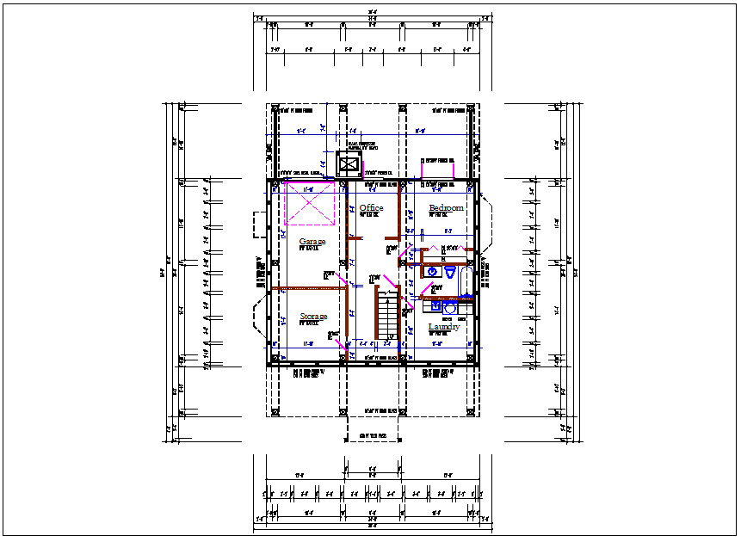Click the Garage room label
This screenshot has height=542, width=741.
[312, 242]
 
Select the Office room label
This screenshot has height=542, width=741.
[371, 208]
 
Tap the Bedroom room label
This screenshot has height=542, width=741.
[446, 208]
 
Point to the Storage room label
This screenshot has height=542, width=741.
[312, 317]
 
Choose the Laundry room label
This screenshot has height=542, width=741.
[443, 327]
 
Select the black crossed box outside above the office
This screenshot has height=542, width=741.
[349, 163]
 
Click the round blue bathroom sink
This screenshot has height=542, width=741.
[433, 271]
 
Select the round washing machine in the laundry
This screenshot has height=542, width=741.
[449, 307]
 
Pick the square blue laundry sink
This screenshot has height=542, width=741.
[435, 306]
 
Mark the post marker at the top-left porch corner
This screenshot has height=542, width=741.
[276, 109]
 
